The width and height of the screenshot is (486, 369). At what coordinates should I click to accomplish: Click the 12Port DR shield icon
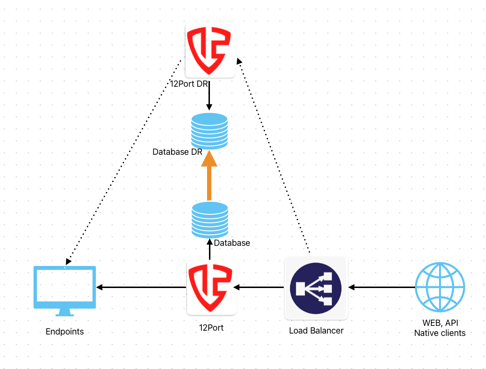click(x=209, y=52)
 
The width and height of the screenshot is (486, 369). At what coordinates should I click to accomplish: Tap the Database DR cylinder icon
click(x=209, y=130)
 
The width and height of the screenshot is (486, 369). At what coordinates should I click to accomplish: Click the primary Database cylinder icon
click(x=209, y=219)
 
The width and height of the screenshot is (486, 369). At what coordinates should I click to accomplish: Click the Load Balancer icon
click(x=316, y=288)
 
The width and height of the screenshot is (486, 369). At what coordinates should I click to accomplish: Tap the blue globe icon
click(x=440, y=288)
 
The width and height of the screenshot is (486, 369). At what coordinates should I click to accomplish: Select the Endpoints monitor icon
click(x=65, y=290)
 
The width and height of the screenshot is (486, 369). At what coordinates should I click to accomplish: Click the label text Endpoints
click(x=65, y=331)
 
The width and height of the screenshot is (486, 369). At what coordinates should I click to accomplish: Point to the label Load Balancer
click(x=316, y=331)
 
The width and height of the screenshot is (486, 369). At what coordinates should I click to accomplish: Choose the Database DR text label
click(x=177, y=152)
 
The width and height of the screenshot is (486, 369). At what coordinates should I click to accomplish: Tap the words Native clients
click(x=440, y=333)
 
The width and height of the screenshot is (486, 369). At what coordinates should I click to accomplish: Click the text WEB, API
click(x=440, y=324)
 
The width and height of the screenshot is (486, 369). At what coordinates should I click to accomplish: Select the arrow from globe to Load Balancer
click(x=382, y=288)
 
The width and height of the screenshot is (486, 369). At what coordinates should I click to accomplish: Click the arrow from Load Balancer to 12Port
click(x=259, y=288)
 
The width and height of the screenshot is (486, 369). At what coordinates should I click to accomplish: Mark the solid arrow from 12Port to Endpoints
click(x=141, y=288)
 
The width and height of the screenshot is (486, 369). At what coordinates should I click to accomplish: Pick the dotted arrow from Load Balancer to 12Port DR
click(x=274, y=155)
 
